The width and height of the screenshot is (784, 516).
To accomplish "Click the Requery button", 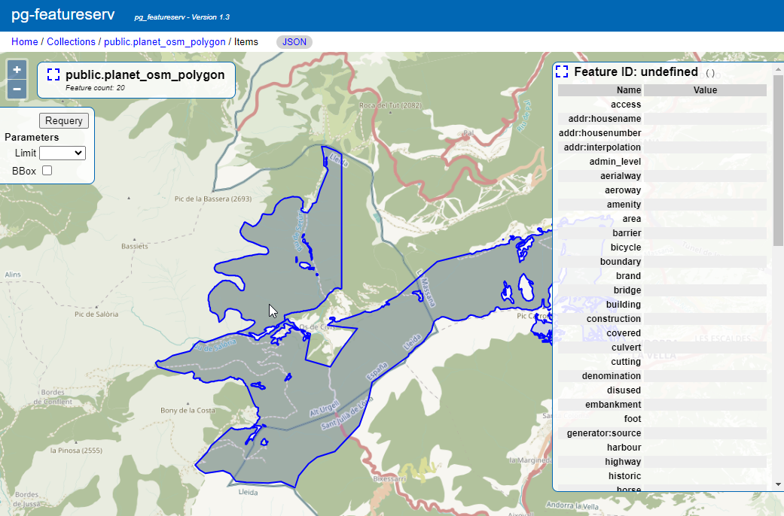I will (x=64, y=120).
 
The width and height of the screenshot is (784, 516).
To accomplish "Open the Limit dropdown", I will (x=63, y=153).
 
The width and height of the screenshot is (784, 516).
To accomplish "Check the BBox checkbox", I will (x=47, y=171).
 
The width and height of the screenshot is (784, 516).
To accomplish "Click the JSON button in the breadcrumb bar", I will (x=294, y=42).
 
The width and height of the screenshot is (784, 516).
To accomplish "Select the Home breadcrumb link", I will (x=24, y=42).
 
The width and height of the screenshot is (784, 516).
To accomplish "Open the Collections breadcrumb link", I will (x=71, y=42).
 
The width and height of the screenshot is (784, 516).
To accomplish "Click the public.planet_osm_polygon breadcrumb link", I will (x=164, y=42).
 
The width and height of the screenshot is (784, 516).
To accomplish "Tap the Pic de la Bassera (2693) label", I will (x=212, y=199).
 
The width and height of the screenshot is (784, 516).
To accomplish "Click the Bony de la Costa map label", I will (x=188, y=410).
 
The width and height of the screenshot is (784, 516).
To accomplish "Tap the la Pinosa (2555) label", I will (x=76, y=451).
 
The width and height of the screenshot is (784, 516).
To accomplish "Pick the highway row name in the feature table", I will (x=623, y=461).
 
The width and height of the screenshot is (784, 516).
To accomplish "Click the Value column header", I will (x=705, y=90).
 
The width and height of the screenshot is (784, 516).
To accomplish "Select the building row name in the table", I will (x=624, y=304).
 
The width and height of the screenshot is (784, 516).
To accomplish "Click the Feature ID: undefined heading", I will (x=635, y=72).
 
